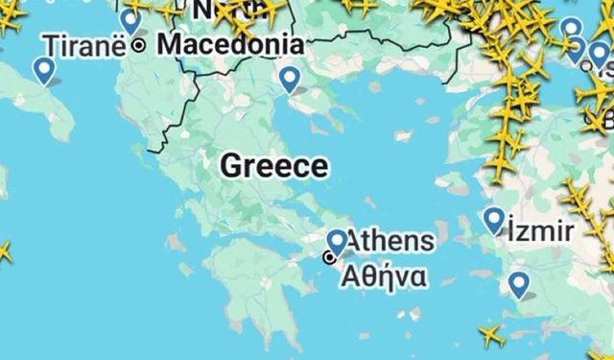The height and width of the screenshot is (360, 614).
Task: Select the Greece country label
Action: [273, 165]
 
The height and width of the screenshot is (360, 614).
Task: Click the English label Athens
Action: [390, 240]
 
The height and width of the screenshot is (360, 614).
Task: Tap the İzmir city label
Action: [542, 230]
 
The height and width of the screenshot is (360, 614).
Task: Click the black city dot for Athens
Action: [330, 256]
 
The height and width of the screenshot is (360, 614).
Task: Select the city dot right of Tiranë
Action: [139, 44]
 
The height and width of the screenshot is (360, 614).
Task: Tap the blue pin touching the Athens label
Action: [337, 241]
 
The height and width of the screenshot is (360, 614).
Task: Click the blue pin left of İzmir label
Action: [494, 219]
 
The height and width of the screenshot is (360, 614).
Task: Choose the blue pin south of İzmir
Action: [519, 283]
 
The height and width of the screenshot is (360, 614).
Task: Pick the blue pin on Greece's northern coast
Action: [289, 79]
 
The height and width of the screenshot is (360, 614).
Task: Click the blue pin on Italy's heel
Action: [43, 68]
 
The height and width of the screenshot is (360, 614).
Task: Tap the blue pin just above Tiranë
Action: [130, 19]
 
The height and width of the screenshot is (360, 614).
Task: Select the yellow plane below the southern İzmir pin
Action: [491, 335]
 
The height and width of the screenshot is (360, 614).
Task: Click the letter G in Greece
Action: [230, 165]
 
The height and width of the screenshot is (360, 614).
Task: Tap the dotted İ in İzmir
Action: [513, 230]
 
